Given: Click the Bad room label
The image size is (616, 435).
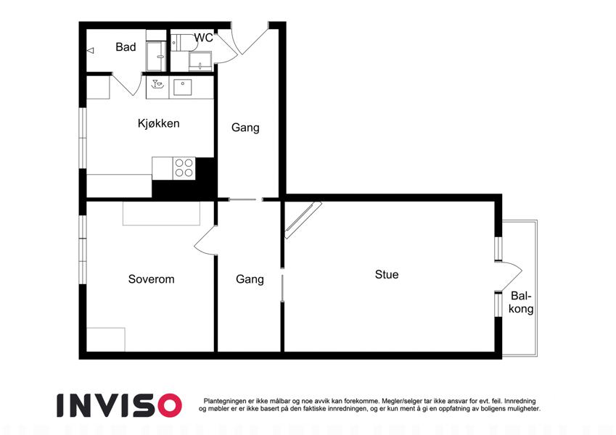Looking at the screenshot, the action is (x=126, y=47).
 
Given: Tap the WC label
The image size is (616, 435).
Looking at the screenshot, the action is (x=203, y=38).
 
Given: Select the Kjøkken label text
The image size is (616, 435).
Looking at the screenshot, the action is (x=159, y=123).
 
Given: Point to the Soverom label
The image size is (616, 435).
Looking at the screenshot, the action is (x=151, y=279).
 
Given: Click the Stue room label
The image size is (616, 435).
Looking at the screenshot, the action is (x=387, y=275).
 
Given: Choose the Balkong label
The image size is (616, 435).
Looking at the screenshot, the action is (x=521, y=302).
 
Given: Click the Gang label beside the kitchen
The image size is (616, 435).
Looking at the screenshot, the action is (x=245, y=128).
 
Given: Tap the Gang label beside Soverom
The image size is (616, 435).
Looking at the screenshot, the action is (x=250, y=279).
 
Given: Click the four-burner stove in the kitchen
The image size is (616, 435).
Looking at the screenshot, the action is (x=184, y=168).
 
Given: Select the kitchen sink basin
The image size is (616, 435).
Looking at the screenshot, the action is (x=183, y=88).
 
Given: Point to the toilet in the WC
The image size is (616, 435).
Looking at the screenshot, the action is (x=183, y=42).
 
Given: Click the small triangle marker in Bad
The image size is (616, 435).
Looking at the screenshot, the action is (x=91, y=51).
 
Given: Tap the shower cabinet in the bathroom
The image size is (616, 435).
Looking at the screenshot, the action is (x=156, y=57).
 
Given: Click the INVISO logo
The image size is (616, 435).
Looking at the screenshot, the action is (x=120, y=405).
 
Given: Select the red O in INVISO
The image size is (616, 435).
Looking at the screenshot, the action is (x=169, y=405).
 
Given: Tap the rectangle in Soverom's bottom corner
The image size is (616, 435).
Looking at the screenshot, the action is (x=106, y=339).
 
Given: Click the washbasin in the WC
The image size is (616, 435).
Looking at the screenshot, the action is (x=200, y=62).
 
